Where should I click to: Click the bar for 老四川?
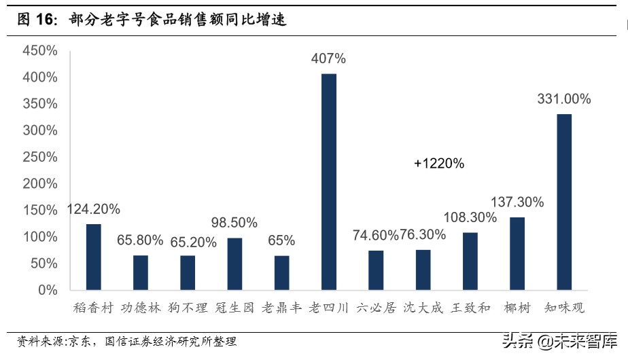click(329, 181)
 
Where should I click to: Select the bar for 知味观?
click(564, 202)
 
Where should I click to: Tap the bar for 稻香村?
click(94, 257)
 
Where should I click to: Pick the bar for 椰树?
click(517, 253)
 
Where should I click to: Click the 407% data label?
click(328, 58)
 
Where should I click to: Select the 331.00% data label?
click(564, 98)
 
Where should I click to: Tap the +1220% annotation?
click(438, 163)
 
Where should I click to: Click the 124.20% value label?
click(94, 209)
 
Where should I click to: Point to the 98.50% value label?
click(234, 223)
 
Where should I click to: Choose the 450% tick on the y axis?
click(39, 51)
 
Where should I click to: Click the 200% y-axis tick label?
click(39, 184)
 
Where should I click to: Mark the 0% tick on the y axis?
click(46, 290)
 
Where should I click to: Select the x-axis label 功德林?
click(141, 308)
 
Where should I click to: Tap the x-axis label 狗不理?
click(188, 308)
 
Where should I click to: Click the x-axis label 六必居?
click(376, 308)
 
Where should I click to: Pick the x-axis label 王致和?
click(470, 308)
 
